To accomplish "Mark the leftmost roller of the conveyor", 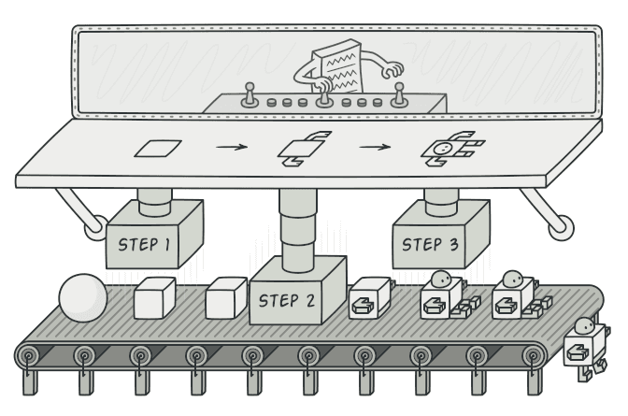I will click(30, 355).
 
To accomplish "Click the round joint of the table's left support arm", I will click(95, 225).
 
